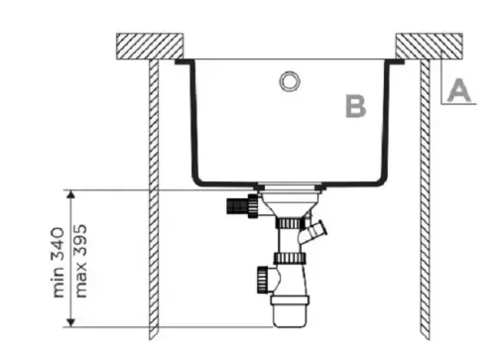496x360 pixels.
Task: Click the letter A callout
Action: click(x=456, y=90)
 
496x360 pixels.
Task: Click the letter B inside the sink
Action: click(x=355, y=105)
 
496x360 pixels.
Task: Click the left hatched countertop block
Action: click(x=149, y=47)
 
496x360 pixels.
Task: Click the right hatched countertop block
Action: click(x=429, y=47)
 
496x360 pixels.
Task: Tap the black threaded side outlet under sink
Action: click(x=238, y=207)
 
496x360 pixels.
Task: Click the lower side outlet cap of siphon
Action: click(x=264, y=274)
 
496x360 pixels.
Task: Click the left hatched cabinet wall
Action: click(x=156, y=198)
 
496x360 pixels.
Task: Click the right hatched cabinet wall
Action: click(x=424, y=198)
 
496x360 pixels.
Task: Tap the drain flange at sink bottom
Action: click(x=289, y=186)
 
